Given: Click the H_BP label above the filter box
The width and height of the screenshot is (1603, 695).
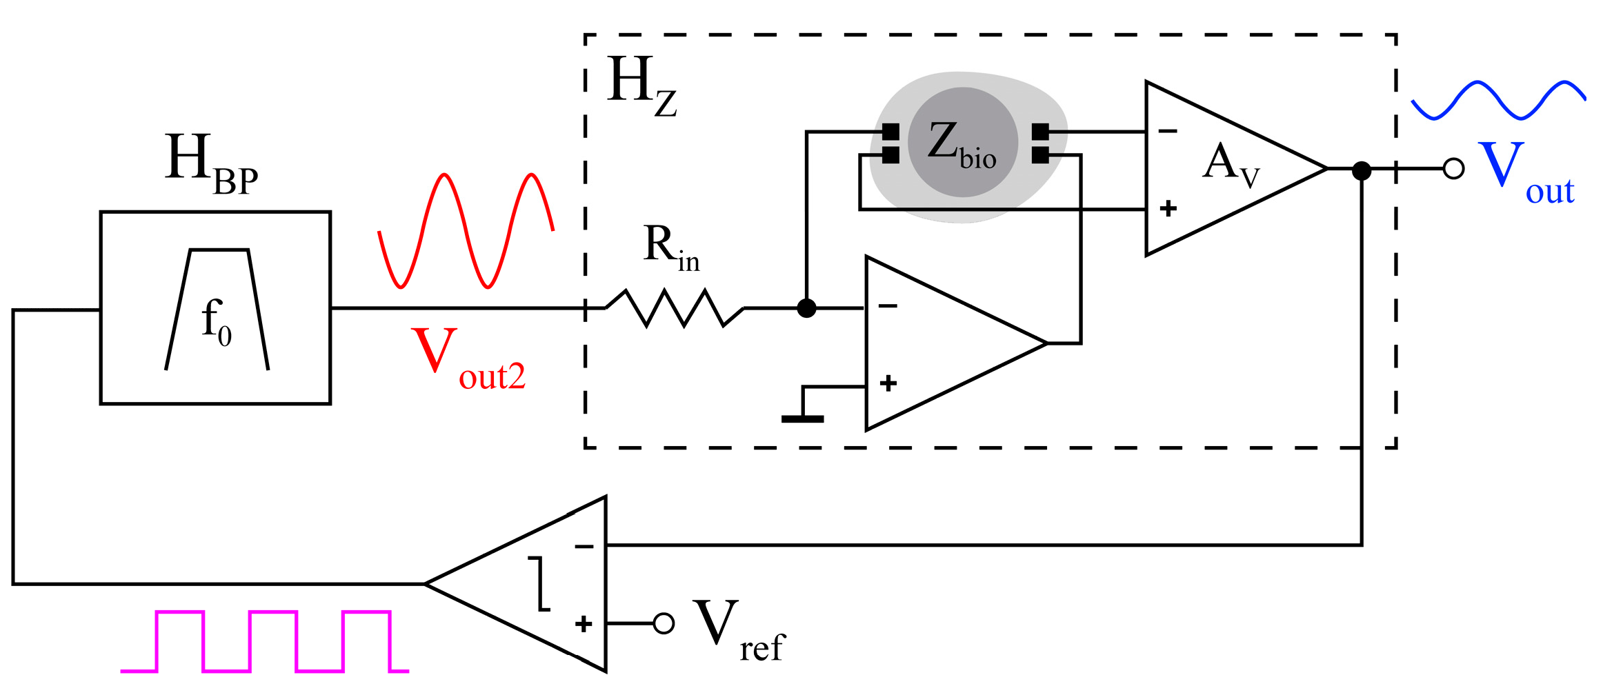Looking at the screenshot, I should (x=210, y=164).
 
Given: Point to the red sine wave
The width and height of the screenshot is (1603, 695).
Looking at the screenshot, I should (x=466, y=231).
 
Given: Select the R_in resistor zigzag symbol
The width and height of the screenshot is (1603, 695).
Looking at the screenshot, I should (x=674, y=308).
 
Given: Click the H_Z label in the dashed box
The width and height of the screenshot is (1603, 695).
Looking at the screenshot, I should (x=641, y=86).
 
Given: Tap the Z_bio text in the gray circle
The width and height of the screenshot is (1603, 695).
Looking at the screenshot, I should (x=962, y=145).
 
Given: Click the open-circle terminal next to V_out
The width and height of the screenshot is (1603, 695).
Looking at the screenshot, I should (x=1453, y=169).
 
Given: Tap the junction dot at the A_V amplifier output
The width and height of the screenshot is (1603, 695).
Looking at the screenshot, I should (x=1361, y=170).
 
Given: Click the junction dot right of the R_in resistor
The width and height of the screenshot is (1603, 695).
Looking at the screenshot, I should (x=806, y=308).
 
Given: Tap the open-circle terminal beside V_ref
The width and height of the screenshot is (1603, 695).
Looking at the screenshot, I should (x=664, y=623).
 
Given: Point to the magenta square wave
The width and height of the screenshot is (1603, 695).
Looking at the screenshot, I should (x=266, y=641).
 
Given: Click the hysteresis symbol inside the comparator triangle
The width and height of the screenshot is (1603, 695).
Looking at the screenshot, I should (x=542, y=584).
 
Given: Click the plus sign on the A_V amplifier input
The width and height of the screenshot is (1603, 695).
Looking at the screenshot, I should (x=1168, y=208).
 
